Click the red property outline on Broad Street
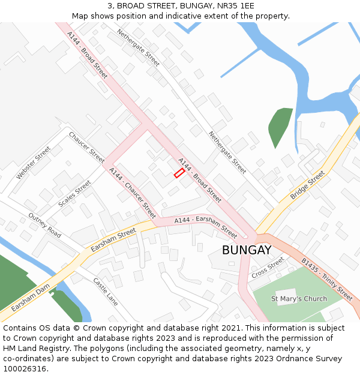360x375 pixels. (179, 173)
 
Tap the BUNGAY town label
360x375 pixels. (247, 250)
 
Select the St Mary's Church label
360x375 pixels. (299, 299)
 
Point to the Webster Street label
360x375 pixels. (34, 163)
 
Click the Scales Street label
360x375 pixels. (74, 194)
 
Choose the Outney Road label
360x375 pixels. (44, 225)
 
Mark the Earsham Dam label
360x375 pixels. (31, 298)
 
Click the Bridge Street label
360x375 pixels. (307, 185)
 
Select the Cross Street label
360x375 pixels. (268, 267)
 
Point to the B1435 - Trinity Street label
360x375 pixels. (326, 279)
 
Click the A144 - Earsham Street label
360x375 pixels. (206, 225)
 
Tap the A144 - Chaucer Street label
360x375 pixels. (132, 193)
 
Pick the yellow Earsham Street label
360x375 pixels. (113, 239)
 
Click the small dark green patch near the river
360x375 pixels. (279, 126)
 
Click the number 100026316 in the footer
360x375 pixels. (25, 369)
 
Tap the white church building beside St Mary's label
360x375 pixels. (286, 296)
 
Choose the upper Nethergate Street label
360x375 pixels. (138, 47)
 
